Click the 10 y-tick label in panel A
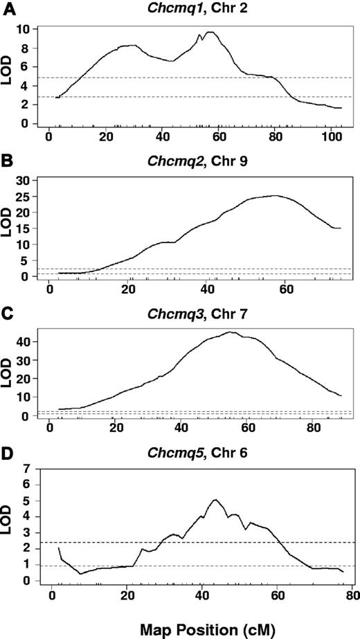pos(24,29)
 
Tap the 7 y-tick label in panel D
pos(26,469)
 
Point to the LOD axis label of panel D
pos(9,523)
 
